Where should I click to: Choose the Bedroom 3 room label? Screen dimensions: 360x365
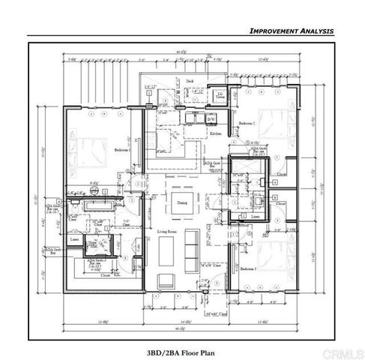pos(249,268)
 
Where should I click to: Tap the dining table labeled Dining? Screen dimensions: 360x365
pos(183,202)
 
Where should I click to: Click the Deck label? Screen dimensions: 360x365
pos(190,81)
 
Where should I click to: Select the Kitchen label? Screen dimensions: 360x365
pos(216,132)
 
